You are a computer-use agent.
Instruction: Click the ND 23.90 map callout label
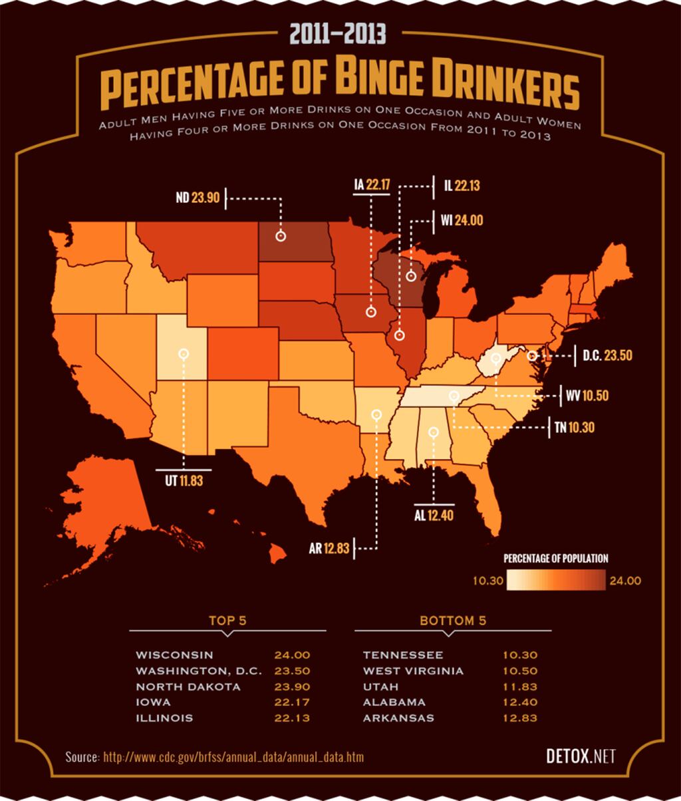coord(198,198)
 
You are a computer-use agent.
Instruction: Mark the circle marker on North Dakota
coord(281,236)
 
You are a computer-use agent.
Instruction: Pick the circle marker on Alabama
coord(434,432)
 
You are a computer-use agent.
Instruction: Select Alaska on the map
coord(106,506)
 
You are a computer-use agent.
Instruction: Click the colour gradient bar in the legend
coord(556,580)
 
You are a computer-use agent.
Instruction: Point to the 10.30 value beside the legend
coord(487,581)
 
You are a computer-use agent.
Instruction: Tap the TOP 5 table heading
coord(227,621)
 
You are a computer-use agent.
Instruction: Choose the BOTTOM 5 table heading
coord(453,621)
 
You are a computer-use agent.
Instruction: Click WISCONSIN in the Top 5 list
coord(174,655)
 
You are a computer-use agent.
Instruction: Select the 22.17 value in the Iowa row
coord(292,702)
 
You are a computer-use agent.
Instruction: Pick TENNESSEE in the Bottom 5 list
coord(403,655)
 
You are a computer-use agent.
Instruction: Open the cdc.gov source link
coord(233,757)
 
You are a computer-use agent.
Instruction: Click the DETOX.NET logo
coord(580,756)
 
